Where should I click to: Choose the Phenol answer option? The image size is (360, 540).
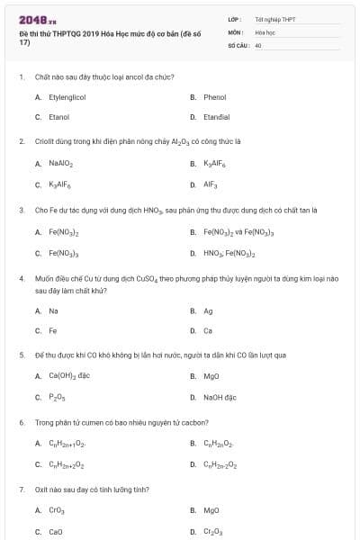click(x=214, y=97)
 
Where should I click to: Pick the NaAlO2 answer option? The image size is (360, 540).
click(x=60, y=164)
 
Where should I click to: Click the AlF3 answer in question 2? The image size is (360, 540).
click(x=211, y=184)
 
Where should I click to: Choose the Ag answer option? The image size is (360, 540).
click(x=208, y=310)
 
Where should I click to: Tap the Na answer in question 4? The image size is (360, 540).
click(x=53, y=310)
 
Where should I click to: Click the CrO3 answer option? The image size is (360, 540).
click(x=56, y=510)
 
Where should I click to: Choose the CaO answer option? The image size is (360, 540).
click(x=56, y=531)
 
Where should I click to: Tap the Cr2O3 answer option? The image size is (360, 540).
click(x=211, y=531)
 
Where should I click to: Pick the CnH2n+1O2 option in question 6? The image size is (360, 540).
click(x=67, y=444)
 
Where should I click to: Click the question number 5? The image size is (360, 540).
click(x=21, y=355)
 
